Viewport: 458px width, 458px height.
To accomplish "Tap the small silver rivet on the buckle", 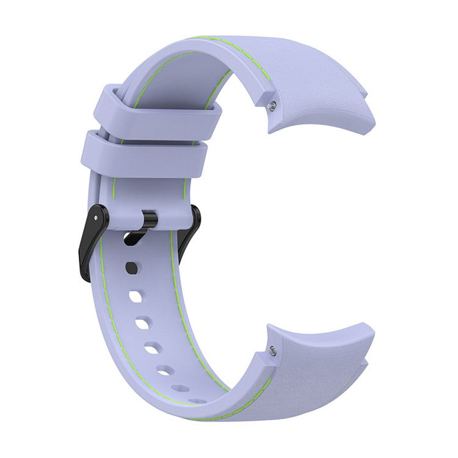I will coord(96,218).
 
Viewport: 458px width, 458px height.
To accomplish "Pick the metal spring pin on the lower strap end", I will coord(272,351).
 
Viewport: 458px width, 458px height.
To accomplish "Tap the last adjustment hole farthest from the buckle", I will coord(197,401).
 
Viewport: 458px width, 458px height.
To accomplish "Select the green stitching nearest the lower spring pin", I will coord(263,391).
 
